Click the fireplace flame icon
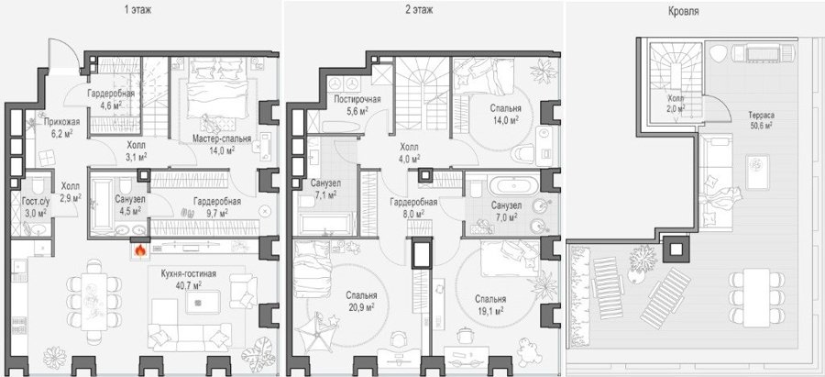(140, 250)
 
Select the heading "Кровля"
(685, 11)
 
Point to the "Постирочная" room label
(357, 99)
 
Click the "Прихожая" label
(61, 123)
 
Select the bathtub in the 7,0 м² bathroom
(513, 185)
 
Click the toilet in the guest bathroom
(37, 185)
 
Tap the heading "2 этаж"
(419, 9)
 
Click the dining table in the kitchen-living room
(94, 302)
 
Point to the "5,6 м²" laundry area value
(357, 110)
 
